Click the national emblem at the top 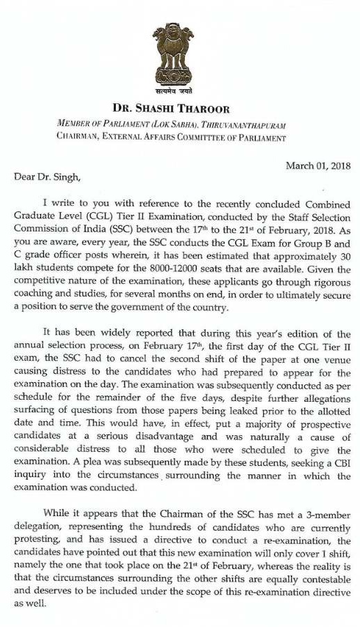[180, 52]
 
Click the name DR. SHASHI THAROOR [179, 109]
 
